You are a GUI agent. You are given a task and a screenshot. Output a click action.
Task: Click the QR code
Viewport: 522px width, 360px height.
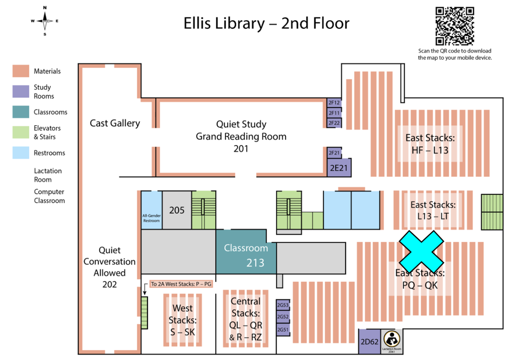pos(454,26)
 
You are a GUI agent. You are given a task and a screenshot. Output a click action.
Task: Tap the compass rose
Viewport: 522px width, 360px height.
pos(45,21)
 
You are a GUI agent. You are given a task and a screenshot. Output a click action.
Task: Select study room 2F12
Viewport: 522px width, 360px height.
pos(334,103)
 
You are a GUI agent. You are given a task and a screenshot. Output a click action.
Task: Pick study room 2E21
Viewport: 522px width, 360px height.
pos(339,168)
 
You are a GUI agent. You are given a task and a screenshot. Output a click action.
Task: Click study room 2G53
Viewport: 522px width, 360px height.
pos(283,305)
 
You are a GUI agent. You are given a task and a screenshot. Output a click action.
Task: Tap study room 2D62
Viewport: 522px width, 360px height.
pos(369,341)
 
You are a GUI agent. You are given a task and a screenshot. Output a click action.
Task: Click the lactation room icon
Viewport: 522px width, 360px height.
pos(391,339)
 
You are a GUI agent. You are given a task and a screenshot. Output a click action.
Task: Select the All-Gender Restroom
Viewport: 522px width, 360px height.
pos(151,210)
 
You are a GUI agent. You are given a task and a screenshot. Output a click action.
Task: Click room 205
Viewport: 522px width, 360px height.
pos(177,210)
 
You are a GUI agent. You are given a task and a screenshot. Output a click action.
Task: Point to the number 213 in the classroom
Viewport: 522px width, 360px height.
pos(255,263)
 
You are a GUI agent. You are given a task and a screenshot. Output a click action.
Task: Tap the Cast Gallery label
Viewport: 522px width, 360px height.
pos(115,123)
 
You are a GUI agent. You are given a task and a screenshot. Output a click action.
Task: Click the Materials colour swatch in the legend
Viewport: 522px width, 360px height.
pos(21,71)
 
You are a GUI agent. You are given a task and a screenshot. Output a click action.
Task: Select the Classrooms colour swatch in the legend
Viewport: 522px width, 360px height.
pos(21,112)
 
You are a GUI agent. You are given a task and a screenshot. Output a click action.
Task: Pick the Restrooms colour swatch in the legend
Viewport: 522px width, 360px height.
pos(21,153)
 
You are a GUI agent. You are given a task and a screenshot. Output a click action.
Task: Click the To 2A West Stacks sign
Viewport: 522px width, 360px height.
pos(181,284)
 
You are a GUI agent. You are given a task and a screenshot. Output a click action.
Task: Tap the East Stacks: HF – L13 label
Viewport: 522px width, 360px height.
pos(430,144)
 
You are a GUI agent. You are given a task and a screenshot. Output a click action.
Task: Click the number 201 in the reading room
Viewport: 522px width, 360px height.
pos(241,149)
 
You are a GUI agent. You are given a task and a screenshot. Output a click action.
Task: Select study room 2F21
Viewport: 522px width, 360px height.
pos(334,153)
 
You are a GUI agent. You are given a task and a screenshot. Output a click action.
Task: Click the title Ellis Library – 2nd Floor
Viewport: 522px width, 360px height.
pos(266,23)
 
